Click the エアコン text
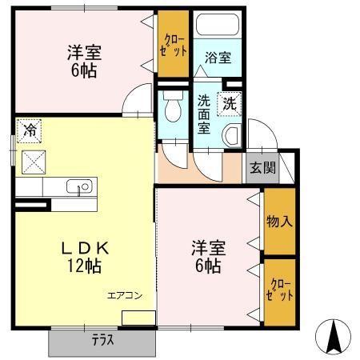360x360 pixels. tap(126, 296)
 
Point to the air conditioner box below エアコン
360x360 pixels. tap(138, 318)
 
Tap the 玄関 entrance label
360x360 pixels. tap(262, 168)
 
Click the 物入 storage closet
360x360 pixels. tap(279, 221)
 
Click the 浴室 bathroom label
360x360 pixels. tap(217, 58)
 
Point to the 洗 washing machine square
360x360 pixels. tap(229, 102)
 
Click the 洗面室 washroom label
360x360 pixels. tap(205, 114)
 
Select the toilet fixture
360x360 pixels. tap(171, 106)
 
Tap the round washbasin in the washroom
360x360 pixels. tap(232, 136)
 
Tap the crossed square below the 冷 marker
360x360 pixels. tap(34, 162)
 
